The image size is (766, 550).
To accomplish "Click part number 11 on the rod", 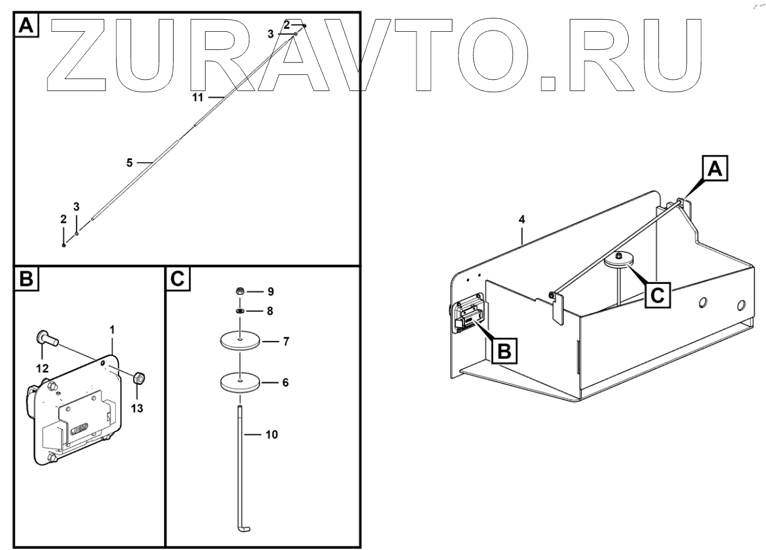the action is point(198,98).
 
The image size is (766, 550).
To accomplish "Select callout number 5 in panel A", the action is point(129,163).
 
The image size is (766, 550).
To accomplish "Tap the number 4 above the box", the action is point(521,219).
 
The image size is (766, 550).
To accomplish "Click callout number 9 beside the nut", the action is point(270,292).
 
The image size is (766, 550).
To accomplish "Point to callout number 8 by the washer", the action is point(270,311).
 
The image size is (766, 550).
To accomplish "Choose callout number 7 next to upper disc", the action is point(286,341).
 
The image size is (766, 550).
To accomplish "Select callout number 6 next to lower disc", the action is point(285,382).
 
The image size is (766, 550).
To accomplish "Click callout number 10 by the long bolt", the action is point(272,434).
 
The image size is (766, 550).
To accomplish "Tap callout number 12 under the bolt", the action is point(43,368).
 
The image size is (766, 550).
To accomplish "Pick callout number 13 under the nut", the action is point(137,408).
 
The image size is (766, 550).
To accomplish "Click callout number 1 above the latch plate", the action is point(112,330).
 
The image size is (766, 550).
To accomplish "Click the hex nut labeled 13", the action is point(138,377).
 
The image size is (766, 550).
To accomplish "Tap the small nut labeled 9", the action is point(240,291).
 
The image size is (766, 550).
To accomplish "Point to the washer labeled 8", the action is point(240,311).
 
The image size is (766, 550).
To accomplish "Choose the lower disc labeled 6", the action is point(240,382).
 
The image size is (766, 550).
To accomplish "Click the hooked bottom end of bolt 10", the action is point(243,529).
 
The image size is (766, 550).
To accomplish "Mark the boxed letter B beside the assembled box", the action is point(505,350).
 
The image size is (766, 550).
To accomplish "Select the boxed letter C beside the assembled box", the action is point(658,295).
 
